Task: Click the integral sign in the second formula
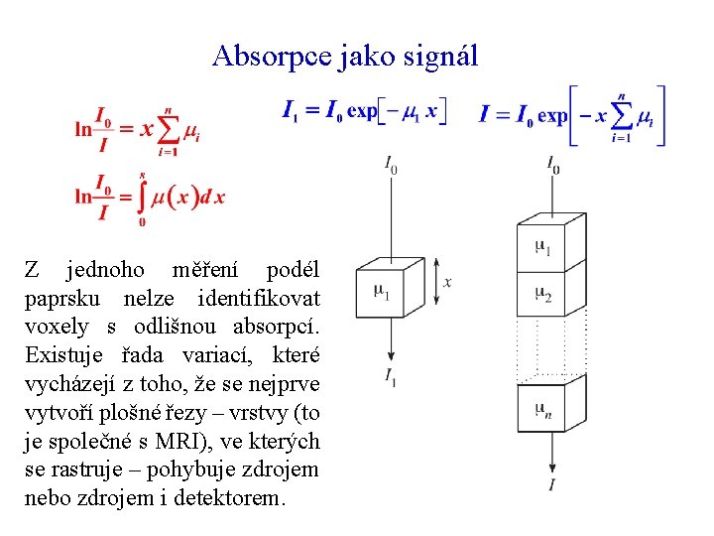click(x=142, y=199)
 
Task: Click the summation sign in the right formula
click(x=622, y=116)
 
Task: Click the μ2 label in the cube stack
click(x=542, y=294)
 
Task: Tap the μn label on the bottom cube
click(x=542, y=408)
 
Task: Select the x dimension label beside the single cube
click(x=448, y=283)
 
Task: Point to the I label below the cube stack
click(x=551, y=483)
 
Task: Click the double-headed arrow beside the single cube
click(x=434, y=282)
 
